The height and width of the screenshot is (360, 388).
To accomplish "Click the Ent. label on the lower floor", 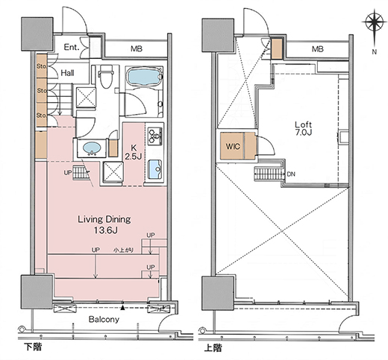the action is point(72,47).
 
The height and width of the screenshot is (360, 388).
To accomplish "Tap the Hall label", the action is point(67,73).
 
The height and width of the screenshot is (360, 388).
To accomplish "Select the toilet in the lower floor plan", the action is point(106,76).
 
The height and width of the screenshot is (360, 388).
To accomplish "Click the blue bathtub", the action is point(144,78).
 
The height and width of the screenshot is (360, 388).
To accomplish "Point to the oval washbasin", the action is point(92,148).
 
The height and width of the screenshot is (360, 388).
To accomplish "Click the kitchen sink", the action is point(154,169).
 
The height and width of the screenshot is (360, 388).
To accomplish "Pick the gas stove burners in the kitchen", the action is point(155,136).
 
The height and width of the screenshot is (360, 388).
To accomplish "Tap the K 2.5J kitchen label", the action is point(134,152).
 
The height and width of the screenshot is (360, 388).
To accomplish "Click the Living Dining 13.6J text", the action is point(104,224).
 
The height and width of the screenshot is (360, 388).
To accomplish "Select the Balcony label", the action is point(104,319).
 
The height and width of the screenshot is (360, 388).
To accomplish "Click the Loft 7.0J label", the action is point(303,128).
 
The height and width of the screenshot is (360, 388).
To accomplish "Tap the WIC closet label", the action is point(233,146).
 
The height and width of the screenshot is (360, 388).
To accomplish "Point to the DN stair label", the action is point(291,174).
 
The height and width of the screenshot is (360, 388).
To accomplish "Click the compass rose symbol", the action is point(372,22).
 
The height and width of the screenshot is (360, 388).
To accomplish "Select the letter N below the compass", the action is point(374,51).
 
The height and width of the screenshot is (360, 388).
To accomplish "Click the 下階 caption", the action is point(33,347).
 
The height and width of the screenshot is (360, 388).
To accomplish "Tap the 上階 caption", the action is point(213,348).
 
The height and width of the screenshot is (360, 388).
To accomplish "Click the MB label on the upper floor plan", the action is point(318,49).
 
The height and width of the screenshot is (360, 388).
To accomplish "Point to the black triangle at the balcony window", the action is point(122,308).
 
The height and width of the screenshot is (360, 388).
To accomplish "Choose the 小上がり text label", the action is point(123,250).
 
